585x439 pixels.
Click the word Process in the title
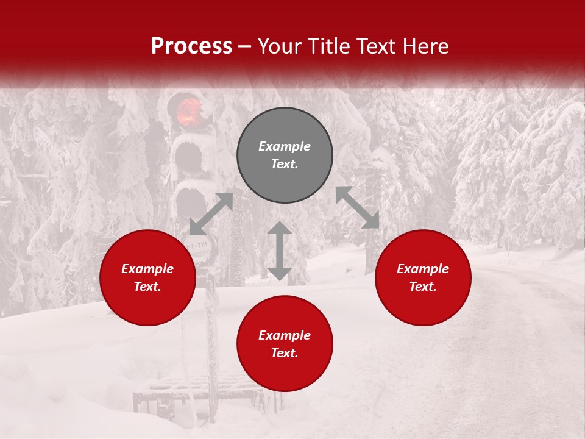[x=191, y=46]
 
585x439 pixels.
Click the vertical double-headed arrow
[x=280, y=251]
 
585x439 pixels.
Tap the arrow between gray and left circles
[x=211, y=214]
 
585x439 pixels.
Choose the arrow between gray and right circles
[x=358, y=207]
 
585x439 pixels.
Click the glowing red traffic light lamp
[x=189, y=111]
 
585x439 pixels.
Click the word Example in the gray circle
[x=285, y=146]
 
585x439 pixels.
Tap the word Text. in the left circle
[x=147, y=287]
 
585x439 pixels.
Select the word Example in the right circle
[x=423, y=269]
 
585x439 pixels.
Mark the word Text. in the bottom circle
[x=285, y=353]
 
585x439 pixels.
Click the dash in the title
[x=244, y=46]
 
